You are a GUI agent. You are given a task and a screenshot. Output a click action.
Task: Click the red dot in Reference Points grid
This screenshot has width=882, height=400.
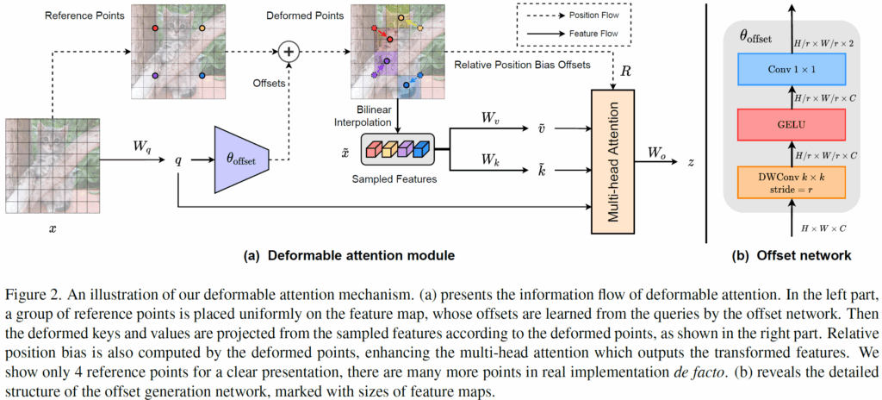(x=156, y=28)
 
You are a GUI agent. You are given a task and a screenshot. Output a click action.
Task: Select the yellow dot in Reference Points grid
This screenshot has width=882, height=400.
(x=202, y=28)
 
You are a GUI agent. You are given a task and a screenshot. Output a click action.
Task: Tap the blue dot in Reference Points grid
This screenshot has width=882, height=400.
(x=202, y=76)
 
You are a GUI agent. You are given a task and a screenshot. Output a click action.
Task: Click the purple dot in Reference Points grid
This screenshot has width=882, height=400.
(x=156, y=76)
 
